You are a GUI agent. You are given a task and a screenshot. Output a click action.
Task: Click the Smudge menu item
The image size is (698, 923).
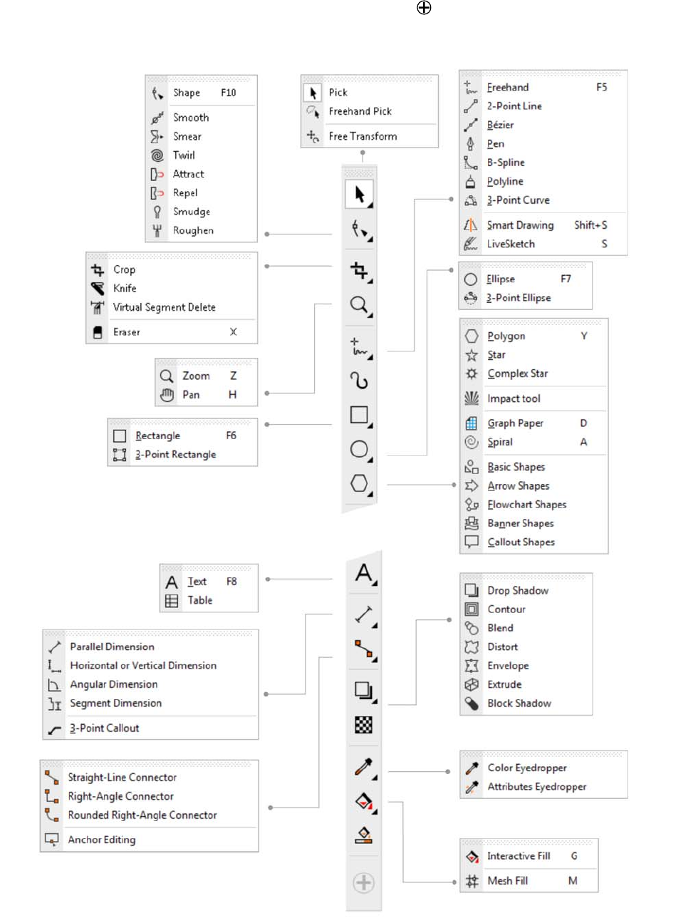coord(191,212)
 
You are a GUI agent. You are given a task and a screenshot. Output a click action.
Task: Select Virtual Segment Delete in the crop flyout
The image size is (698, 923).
coord(164,307)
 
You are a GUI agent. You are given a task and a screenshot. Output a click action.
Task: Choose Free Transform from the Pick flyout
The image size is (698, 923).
coord(363,136)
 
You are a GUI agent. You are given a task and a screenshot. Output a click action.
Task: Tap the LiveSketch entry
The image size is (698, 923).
coord(510,244)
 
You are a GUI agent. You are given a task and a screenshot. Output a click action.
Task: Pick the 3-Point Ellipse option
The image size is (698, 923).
coord(518,298)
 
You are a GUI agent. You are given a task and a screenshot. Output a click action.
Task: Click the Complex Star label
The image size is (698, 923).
coord(517,373)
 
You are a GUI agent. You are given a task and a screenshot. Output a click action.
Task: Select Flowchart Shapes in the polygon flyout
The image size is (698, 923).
coord(526,505)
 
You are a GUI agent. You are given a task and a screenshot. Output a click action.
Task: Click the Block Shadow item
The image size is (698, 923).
coord(519,703)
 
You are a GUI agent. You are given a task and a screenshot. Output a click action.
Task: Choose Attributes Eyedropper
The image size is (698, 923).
coord(536,787)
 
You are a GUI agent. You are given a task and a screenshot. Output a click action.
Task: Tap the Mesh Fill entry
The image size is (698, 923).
coord(507,881)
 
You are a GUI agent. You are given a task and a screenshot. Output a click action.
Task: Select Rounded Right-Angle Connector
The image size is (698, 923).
coord(142,815)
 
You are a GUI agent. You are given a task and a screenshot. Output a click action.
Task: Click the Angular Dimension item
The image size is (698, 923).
coord(113,684)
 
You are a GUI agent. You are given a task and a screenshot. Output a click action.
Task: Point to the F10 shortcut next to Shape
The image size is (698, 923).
coord(228,93)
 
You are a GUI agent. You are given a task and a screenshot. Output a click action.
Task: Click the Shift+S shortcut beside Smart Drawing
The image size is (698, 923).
coord(590,225)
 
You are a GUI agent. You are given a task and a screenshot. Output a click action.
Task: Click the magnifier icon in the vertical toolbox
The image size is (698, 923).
coord(360,305)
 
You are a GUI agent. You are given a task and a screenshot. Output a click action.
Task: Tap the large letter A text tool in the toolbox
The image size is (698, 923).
coord(364,573)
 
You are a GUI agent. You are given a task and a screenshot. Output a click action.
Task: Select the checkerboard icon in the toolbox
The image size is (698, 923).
coord(363,726)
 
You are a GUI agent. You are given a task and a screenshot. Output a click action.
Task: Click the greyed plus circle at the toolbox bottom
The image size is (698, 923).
coord(363,883)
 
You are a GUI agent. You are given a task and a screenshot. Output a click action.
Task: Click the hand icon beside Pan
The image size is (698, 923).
coord(167,395)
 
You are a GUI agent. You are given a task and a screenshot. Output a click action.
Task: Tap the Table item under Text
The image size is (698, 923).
coord(199,601)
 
